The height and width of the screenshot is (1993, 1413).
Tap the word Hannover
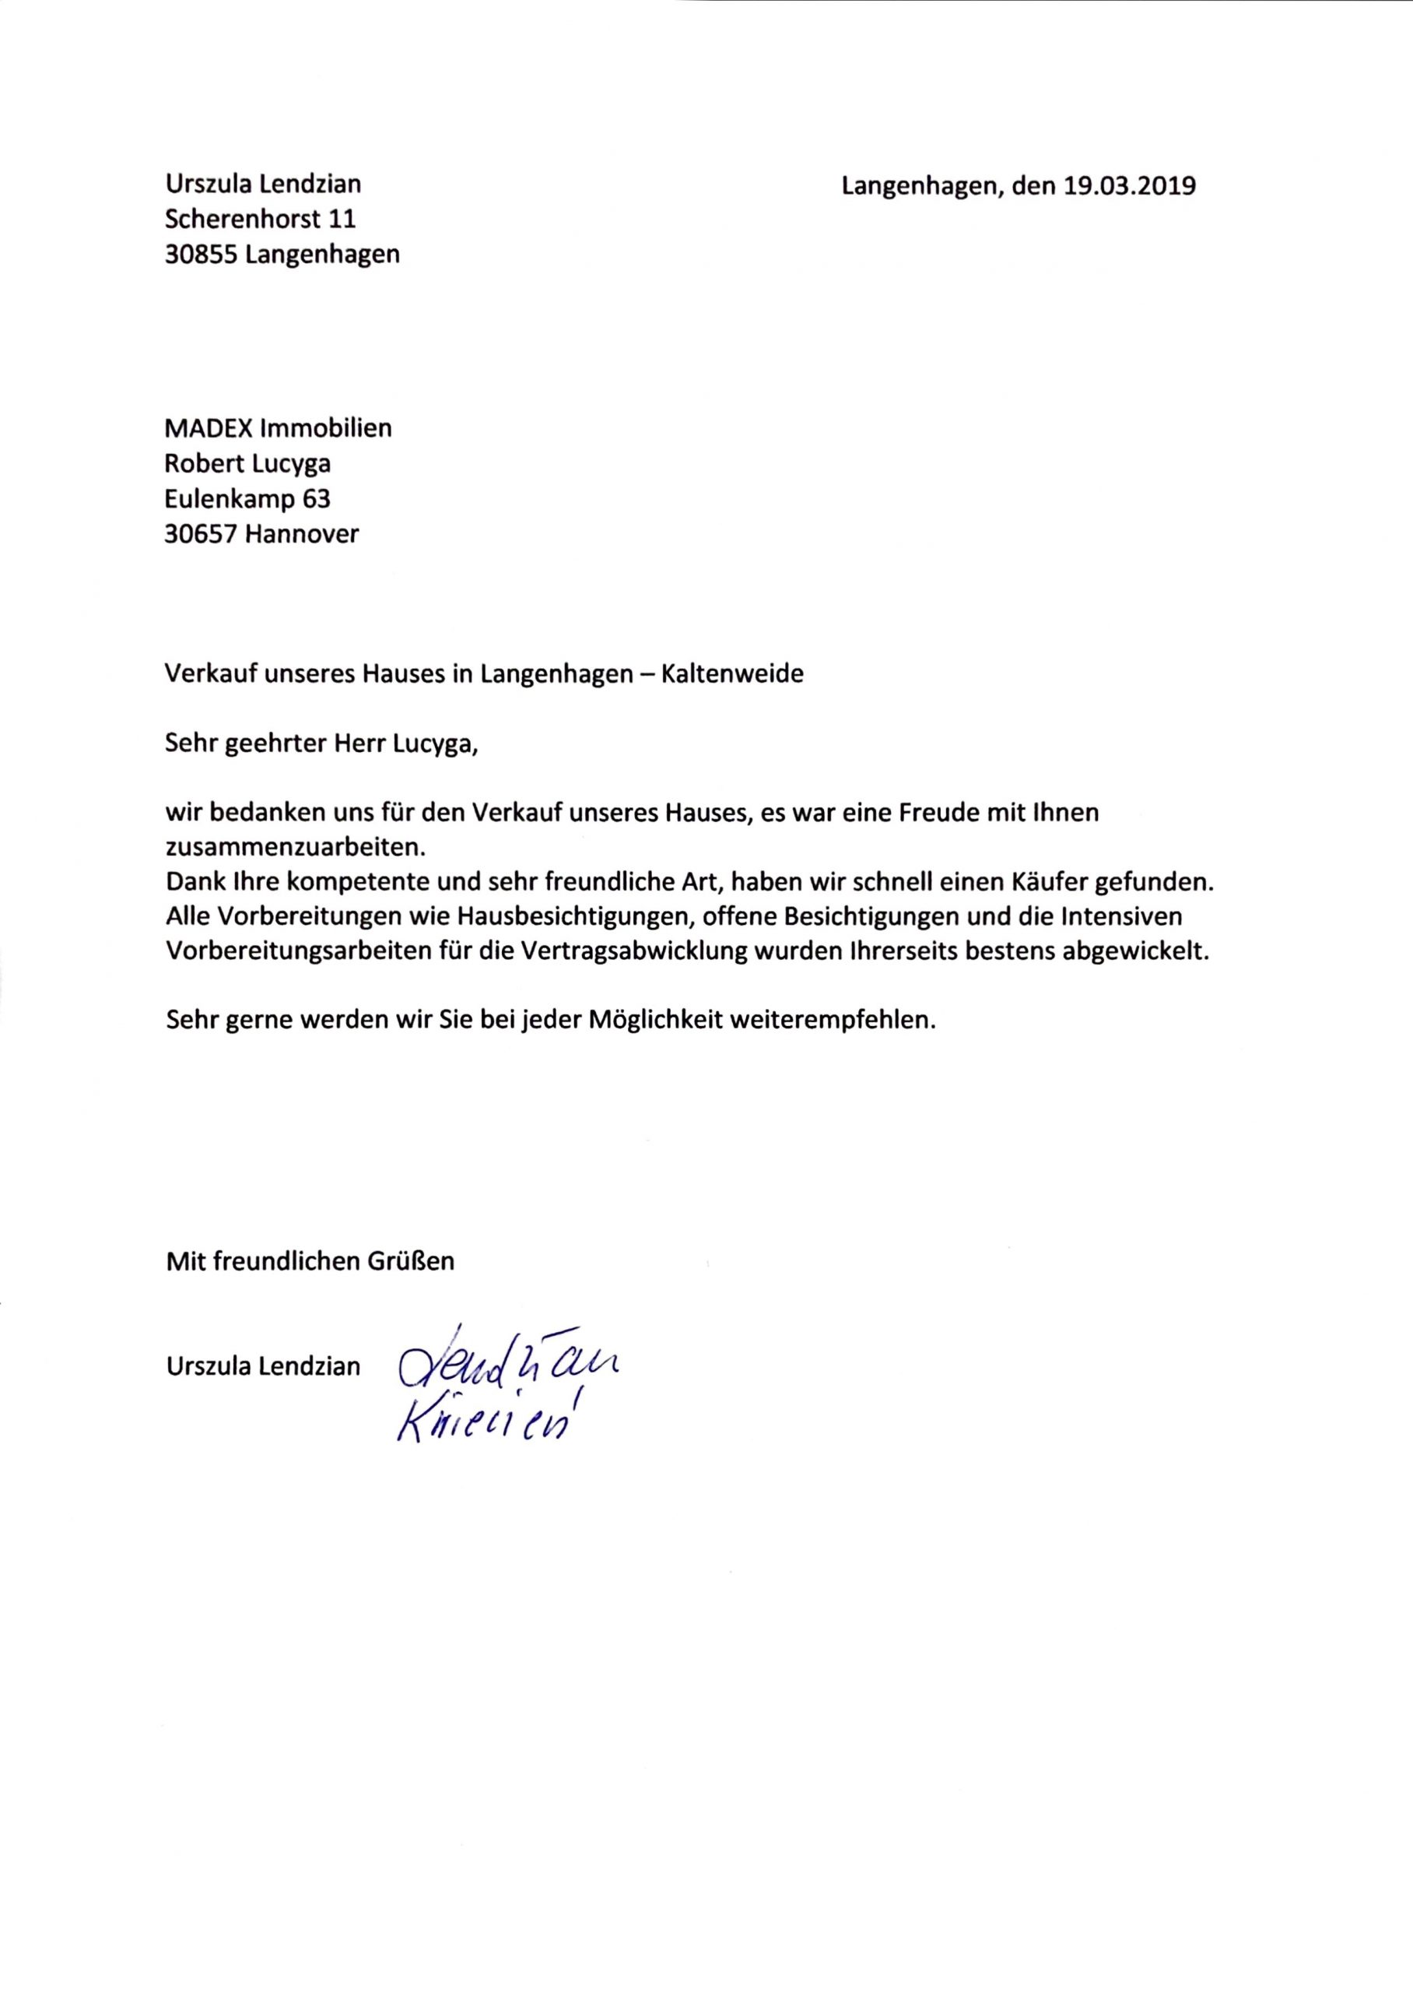(x=301, y=533)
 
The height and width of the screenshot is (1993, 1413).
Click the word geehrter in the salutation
(x=269, y=745)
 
